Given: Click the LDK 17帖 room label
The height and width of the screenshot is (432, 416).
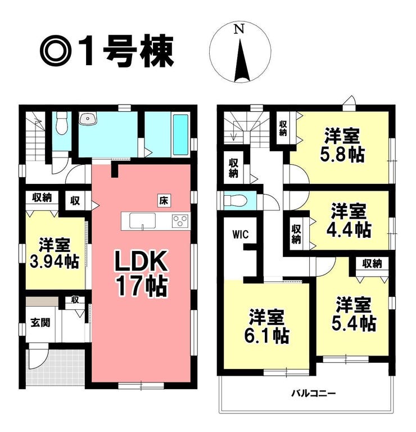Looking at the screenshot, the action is click(x=141, y=273).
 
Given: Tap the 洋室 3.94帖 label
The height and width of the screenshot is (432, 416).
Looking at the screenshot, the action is click(x=55, y=253).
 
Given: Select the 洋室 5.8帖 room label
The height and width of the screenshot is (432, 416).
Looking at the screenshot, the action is click(x=342, y=145).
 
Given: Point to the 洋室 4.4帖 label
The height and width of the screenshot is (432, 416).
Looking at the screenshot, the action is click(x=349, y=220).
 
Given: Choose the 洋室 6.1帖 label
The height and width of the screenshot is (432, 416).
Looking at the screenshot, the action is click(x=266, y=326).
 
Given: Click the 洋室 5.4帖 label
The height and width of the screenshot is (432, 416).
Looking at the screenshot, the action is click(x=354, y=314).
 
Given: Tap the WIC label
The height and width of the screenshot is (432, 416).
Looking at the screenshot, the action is click(x=241, y=234).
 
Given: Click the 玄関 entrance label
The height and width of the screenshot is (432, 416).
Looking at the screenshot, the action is click(x=40, y=322).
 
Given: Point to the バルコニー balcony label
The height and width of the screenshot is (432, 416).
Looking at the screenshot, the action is click(x=313, y=393).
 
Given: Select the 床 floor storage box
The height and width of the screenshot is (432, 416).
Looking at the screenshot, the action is click(x=164, y=201).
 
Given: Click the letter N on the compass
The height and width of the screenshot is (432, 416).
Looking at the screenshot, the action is click(x=240, y=29).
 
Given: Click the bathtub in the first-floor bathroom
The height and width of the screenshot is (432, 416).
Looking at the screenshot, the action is click(x=180, y=135).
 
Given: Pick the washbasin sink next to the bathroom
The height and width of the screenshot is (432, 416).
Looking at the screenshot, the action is click(x=88, y=119).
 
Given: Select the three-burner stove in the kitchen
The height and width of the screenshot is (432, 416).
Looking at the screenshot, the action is click(x=180, y=221).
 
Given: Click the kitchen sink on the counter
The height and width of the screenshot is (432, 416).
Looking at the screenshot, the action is click(x=142, y=220).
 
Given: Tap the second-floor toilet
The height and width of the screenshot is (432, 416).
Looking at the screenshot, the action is click(x=236, y=200).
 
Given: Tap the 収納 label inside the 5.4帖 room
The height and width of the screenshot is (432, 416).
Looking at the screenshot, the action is click(x=372, y=264).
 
